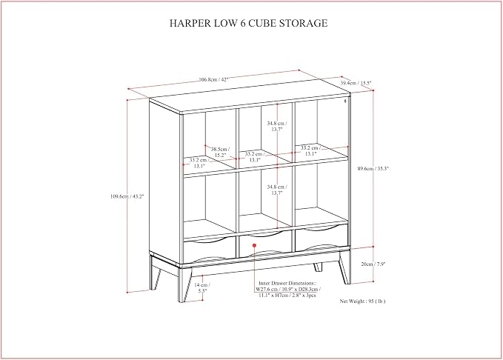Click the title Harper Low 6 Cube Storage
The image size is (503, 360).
(x=249, y=23)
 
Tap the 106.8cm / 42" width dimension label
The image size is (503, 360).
(x=213, y=79)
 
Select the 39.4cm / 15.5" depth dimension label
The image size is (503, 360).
(x=356, y=83)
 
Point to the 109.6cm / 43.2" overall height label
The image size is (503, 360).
(x=127, y=196)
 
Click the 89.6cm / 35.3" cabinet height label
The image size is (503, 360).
(x=373, y=168)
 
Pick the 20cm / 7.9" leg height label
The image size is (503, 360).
(x=373, y=264)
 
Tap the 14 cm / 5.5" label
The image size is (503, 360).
(x=202, y=287)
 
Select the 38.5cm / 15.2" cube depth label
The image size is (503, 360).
(x=220, y=152)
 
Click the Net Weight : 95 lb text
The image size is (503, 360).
(x=362, y=301)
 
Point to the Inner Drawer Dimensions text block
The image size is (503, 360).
(x=287, y=289)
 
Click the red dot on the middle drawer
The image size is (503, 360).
(x=254, y=245)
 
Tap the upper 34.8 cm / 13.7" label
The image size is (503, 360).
(x=277, y=126)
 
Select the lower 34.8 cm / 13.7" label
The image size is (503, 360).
(x=277, y=190)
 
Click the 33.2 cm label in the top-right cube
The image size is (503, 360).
(x=310, y=151)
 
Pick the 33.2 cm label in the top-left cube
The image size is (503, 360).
(x=199, y=163)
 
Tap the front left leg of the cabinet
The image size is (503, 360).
(x=184, y=284)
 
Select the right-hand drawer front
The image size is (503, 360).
(x=322, y=238)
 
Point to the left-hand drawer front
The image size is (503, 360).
(x=210, y=250)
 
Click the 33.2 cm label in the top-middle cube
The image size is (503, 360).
(x=255, y=156)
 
